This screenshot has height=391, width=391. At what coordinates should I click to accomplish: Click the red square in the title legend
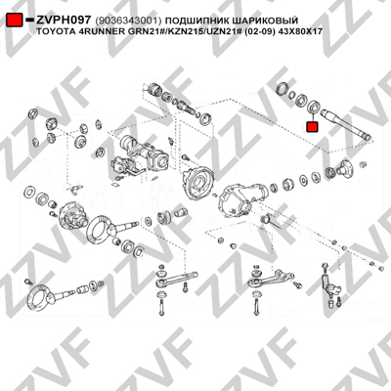coord(15,20)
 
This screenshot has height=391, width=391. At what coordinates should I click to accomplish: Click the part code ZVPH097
coord(64,21)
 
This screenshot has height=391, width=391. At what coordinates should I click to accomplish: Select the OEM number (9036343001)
coord(128,21)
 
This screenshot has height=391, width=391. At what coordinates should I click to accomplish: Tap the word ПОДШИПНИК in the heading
coord(195,21)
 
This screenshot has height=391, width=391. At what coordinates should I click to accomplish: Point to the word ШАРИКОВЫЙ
coord(262,21)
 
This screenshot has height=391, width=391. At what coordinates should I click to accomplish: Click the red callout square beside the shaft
coord(312,127)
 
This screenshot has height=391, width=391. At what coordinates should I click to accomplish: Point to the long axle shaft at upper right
coord(346,125)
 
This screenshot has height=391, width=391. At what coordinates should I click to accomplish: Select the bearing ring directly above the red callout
coord(315,107)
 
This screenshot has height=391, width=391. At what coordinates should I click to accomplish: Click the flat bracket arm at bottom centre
coord(176,279)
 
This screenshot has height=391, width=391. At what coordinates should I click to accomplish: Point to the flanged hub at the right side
coord(343,169)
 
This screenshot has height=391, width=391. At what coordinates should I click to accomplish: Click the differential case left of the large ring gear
coord(72,216)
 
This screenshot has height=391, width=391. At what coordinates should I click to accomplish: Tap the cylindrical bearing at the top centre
coord(154,90)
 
